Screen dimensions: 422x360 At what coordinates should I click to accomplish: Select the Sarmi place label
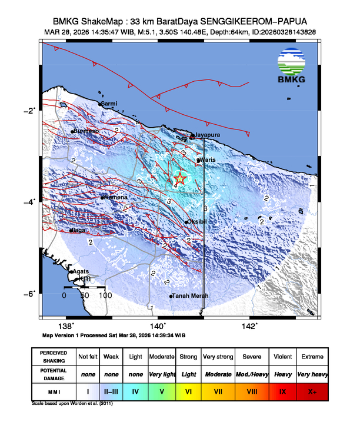pyautogui.click(x=110, y=104)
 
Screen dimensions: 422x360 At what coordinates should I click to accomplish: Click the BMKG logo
pyautogui.click(x=292, y=68)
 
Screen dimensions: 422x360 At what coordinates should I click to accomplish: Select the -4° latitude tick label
pyautogui.click(x=32, y=201)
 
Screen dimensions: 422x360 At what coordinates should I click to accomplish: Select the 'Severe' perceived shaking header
pyautogui.click(x=252, y=357)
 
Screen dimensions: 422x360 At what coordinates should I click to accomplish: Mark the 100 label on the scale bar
pyautogui.click(x=105, y=295)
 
